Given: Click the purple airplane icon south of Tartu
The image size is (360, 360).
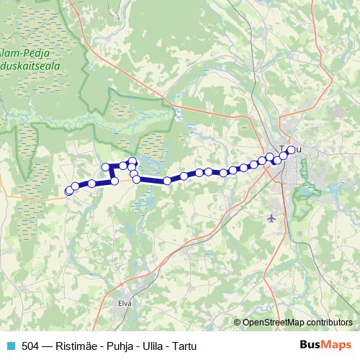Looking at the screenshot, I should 271,217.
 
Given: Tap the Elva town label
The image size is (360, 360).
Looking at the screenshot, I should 125,303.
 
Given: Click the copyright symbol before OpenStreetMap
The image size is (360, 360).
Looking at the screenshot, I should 238,322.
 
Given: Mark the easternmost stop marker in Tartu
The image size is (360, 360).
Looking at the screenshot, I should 291,150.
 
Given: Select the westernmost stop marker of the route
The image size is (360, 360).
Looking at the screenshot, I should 68,192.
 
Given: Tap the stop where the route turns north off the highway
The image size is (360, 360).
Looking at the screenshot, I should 114,181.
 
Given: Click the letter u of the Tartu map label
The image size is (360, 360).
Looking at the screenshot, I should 299,150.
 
